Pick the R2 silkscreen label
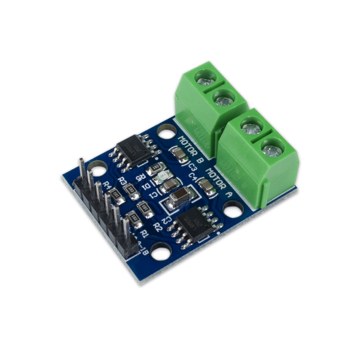click(x=158, y=226)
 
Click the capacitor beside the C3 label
click(x=179, y=155)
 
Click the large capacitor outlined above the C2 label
click(x=179, y=196)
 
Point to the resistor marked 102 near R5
click(x=155, y=167)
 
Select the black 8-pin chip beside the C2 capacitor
click(x=198, y=224)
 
